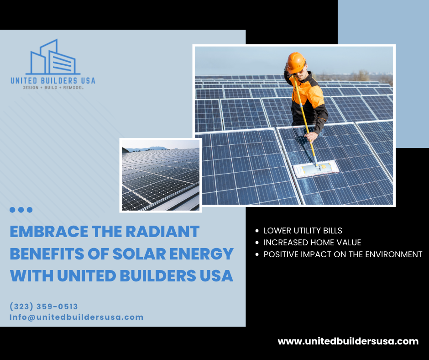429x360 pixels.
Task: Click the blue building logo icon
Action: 53,57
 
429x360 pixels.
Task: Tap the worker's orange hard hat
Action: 296,62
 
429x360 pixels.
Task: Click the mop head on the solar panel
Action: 316,168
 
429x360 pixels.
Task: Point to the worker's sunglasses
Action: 298,72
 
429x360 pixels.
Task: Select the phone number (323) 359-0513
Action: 44,306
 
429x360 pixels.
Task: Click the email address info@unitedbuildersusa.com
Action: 76,317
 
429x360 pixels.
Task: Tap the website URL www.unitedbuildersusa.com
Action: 348,341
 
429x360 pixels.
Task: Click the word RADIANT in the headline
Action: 162,232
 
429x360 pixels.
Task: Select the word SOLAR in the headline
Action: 139,254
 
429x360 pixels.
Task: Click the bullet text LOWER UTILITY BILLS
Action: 303,231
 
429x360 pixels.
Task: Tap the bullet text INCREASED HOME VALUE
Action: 313,243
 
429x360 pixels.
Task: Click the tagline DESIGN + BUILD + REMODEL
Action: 53,88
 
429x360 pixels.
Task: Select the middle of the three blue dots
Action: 21,210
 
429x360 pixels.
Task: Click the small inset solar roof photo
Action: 161,175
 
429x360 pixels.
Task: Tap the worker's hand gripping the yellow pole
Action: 311,137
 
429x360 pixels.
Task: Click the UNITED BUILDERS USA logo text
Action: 53,80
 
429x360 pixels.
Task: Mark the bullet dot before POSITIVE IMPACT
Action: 257,254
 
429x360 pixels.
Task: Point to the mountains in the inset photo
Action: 148,149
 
